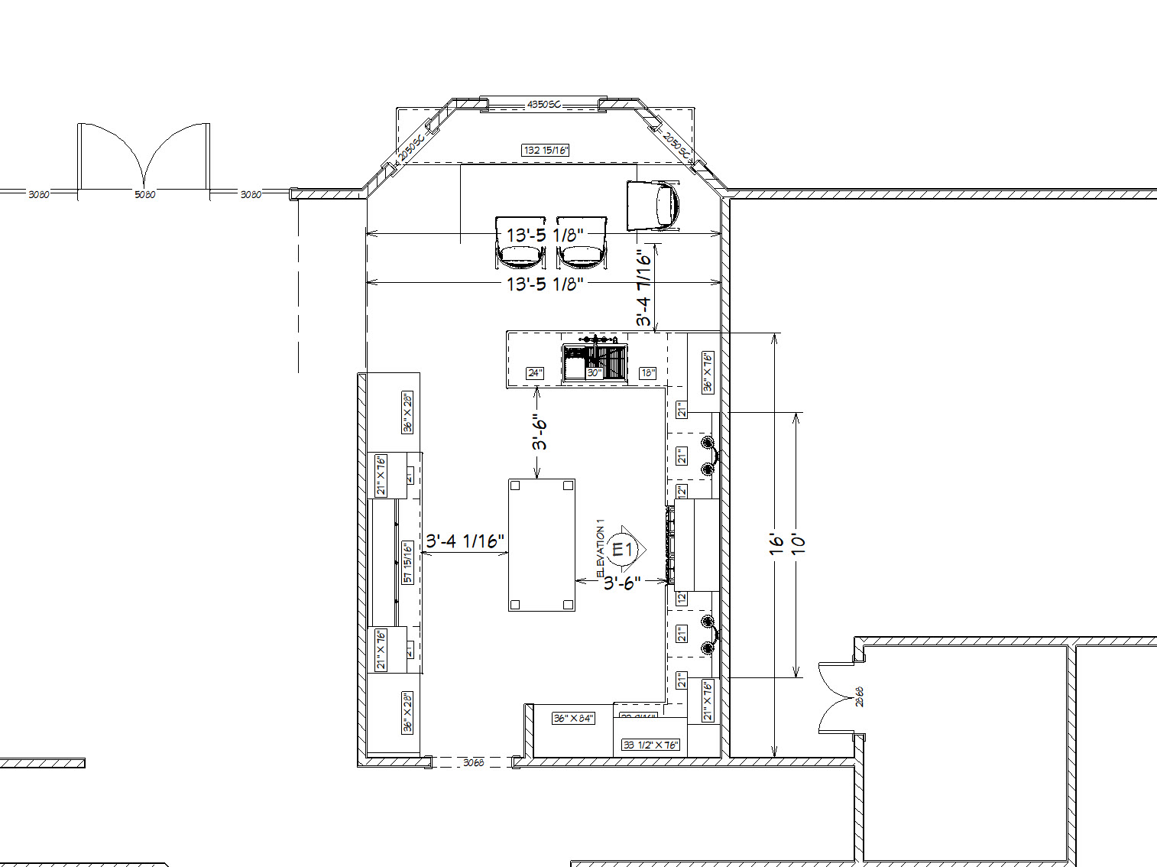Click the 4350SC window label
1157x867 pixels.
pyautogui.click(x=543, y=104)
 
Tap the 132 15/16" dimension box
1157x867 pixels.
pyautogui.click(x=546, y=151)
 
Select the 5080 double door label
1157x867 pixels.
pyautogui.click(x=144, y=195)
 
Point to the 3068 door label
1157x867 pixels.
pyautogui.click(x=473, y=762)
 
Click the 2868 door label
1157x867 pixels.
pyautogui.click(x=860, y=697)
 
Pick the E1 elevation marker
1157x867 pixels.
pyautogui.click(x=623, y=549)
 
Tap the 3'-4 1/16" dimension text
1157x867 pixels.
pyautogui.click(x=465, y=541)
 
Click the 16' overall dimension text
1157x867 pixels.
pyautogui.click(x=777, y=544)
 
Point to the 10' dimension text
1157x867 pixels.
pyautogui.click(x=798, y=544)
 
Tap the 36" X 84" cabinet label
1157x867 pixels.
pyautogui.click(x=573, y=719)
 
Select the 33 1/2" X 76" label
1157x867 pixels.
pyautogui.click(x=650, y=745)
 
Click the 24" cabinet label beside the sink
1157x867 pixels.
pyautogui.click(x=535, y=373)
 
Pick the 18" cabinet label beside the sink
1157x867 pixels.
pyautogui.click(x=647, y=373)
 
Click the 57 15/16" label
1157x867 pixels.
pyautogui.click(x=408, y=562)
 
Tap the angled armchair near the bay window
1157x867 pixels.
pyautogui.click(x=653, y=205)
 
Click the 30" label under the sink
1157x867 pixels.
pyautogui.click(x=594, y=374)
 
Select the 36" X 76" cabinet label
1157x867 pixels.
pyautogui.click(x=708, y=372)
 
